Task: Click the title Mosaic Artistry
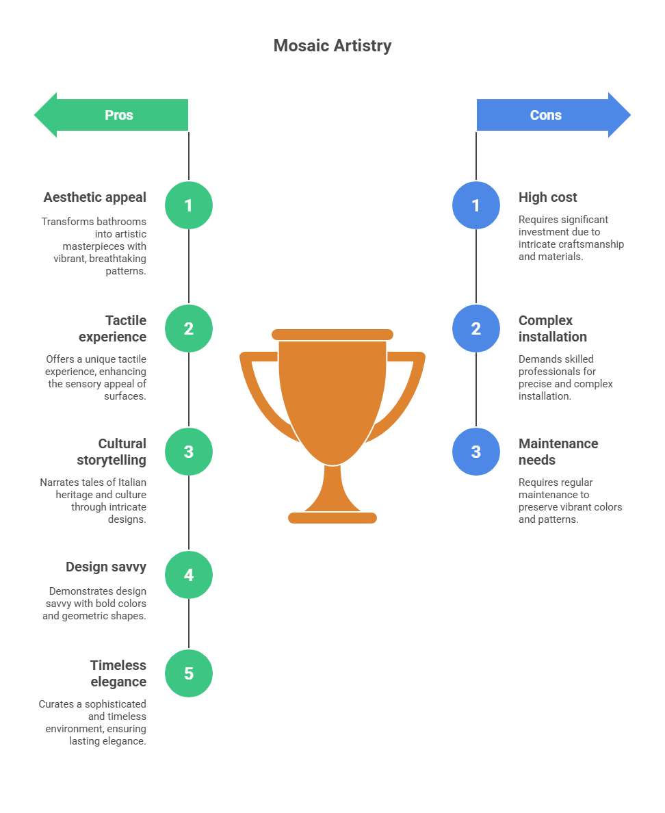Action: click(x=332, y=46)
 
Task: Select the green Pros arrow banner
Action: click(x=113, y=115)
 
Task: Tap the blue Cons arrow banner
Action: click(x=551, y=115)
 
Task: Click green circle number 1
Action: click(x=189, y=205)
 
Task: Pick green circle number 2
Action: click(x=189, y=328)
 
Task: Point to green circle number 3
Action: click(x=189, y=452)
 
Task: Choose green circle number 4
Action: click(x=189, y=575)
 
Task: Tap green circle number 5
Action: click(x=189, y=673)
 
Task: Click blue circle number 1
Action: click(x=476, y=205)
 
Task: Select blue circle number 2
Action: click(x=476, y=328)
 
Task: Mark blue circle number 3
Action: click(x=476, y=452)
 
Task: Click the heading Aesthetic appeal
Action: click(x=95, y=197)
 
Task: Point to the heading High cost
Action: click(x=548, y=197)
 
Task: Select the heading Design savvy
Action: click(x=106, y=567)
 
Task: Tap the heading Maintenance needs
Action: click(x=558, y=452)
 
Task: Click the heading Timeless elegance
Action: click(x=118, y=673)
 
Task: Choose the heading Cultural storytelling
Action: click(x=112, y=452)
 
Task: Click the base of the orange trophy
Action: click(x=332, y=518)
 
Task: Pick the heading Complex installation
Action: click(x=552, y=328)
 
